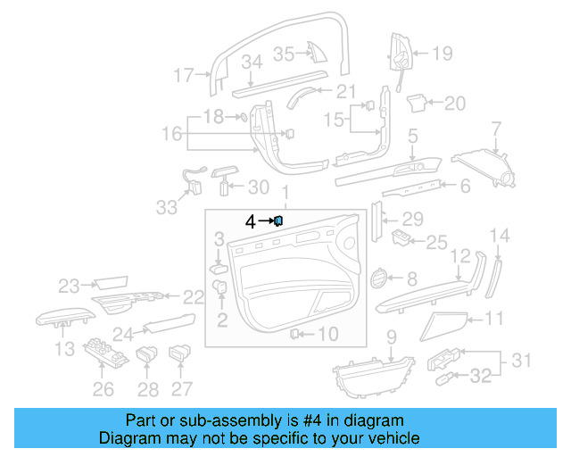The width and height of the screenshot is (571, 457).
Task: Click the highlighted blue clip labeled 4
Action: click(278, 220)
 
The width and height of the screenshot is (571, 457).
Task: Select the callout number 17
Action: click(184, 76)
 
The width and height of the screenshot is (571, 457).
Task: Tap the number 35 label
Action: click(283, 54)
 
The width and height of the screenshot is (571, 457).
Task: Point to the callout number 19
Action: click(443, 54)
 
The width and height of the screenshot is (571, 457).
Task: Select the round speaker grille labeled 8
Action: click(378, 279)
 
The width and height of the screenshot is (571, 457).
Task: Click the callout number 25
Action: click(435, 241)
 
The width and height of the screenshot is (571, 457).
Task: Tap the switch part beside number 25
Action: click(402, 237)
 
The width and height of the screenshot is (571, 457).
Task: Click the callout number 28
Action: click(147, 389)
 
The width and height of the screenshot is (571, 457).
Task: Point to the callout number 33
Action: click(166, 207)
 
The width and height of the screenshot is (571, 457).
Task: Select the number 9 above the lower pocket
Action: click(390, 337)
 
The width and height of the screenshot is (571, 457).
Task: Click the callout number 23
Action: click(70, 286)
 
